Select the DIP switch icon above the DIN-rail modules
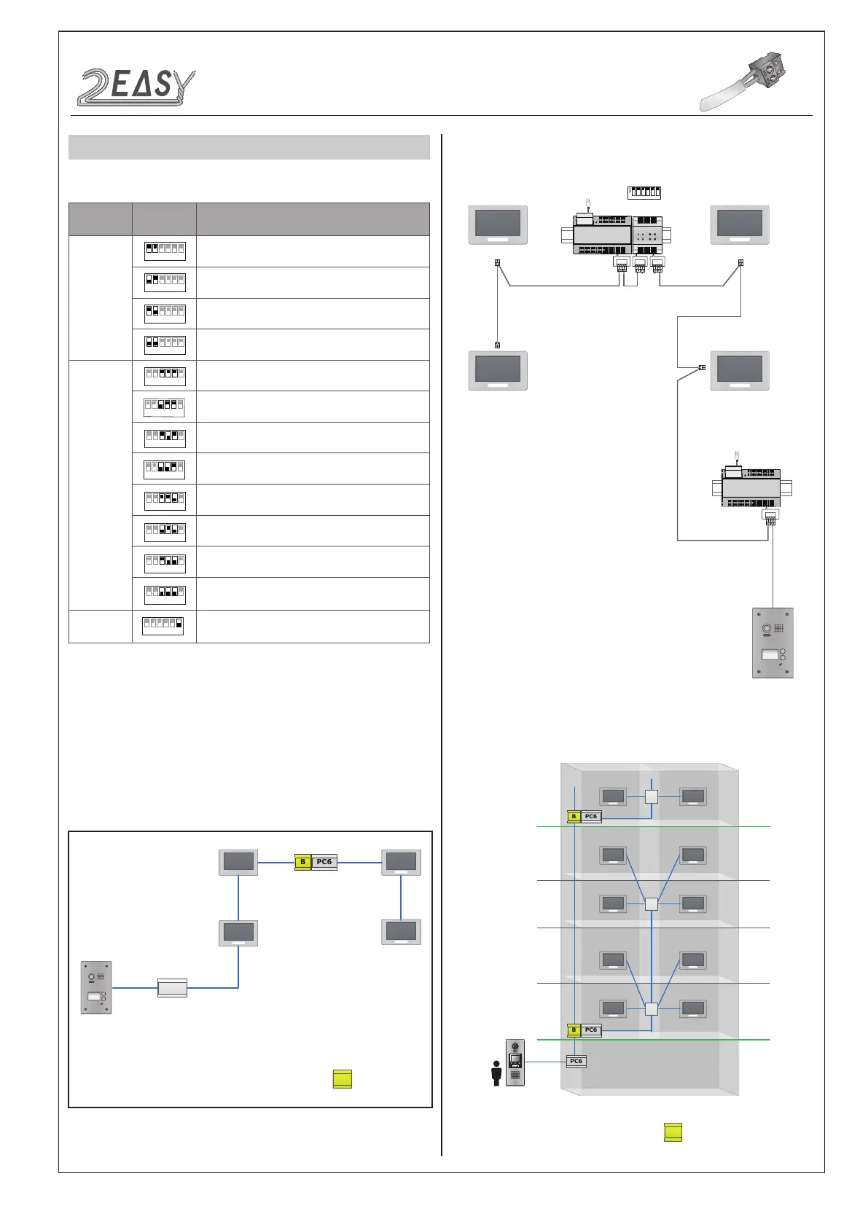[x=644, y=192]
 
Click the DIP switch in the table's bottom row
[x=164, y=626]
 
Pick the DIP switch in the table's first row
[x=165, y=251]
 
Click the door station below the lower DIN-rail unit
[x=773, y=643]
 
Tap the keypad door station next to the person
[x=515, y=1062]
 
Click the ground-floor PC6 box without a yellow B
[x=576, y=1062]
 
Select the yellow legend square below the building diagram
[x=673, y=1132]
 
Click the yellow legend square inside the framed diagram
[x=342, y=1079]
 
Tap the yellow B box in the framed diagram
[x=302, y=862]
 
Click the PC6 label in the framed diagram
[x=324, y=862]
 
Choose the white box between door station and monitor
[x=173, y=988]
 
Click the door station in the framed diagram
[x=96, y=987]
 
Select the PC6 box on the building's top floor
[x=591, y=816]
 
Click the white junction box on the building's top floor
[x=652, y=796]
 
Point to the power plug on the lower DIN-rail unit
[x=737, y=458]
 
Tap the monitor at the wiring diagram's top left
[x=497, y=224]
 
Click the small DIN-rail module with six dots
[x=646, y=235]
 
